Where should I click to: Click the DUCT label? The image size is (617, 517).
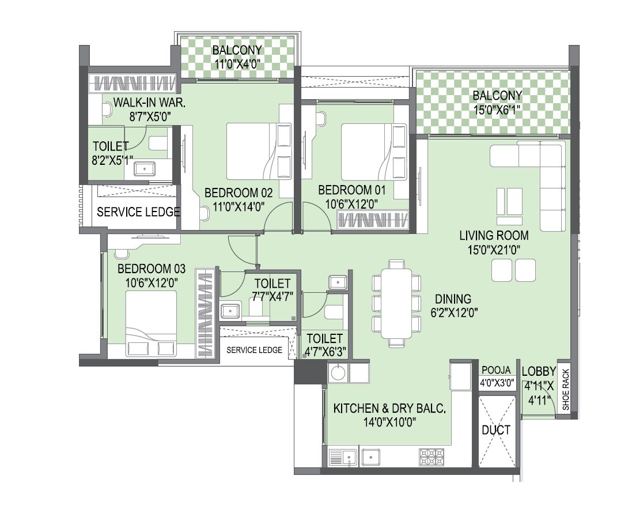tap(496, 430)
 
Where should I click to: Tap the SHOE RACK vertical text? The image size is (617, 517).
tap(565, 390)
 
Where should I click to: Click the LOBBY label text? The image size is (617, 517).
tap(539, 372)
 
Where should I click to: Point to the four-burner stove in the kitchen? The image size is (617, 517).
tap(431, 456)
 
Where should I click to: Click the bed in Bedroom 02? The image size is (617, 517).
tap(253, 152)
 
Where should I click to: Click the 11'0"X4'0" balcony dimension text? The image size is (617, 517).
tap(238, 64)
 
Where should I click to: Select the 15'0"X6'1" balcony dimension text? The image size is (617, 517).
tap(497, 110)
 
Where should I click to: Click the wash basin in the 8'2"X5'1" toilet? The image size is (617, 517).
tap(144, 169)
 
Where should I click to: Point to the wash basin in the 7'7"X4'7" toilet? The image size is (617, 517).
tap(230, 311)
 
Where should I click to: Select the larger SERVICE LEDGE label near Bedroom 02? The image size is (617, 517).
tap(138, 212)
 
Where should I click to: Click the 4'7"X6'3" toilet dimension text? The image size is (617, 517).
tap(324, 352)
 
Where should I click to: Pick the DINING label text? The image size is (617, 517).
tap(453, 299)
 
